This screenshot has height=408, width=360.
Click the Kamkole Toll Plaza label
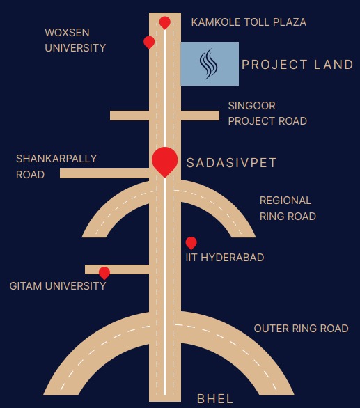[x=249, y=22]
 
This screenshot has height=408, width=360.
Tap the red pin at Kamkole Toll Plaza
[x=165, y=23]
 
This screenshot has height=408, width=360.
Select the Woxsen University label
[x=75, y=40]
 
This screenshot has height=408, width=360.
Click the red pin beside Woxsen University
[x=149, y=42]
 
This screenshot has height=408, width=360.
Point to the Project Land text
[x=297, y=65]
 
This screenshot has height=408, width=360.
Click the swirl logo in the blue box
[x=208, y=64]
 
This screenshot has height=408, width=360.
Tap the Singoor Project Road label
[x=267, y=113]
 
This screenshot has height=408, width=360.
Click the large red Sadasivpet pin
[x=165, y=162]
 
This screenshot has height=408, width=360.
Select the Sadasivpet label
[x=231, y=163]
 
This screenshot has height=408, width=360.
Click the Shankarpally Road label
[x=56, y=166]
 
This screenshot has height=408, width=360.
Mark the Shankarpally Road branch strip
[x=104, y=173]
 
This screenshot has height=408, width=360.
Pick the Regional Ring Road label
[x=288, y=208]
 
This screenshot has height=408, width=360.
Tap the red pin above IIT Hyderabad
[x=191, y=243]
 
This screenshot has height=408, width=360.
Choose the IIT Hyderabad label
[x=225, y=258]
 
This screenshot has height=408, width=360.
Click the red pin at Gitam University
[x=104, y=273]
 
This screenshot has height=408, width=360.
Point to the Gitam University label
[x=58, y=286]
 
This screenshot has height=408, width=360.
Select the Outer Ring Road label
[x=302, y=329]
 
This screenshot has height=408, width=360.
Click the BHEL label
[x=214, y=399]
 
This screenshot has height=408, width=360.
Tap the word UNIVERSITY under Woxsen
[x=75, y=48]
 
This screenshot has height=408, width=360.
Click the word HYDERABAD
[x=233, y=258]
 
